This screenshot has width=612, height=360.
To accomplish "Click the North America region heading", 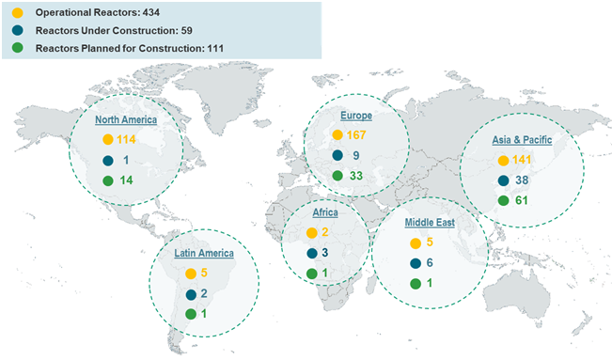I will pos(125,120).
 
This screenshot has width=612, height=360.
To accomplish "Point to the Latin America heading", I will pos(203,253).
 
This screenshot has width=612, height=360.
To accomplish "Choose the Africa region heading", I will pos(325,213).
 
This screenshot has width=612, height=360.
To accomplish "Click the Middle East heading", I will pos(431,222).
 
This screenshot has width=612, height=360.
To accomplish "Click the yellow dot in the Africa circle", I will pos(310,232).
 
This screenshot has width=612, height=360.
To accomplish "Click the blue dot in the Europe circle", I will pos(337,156).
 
